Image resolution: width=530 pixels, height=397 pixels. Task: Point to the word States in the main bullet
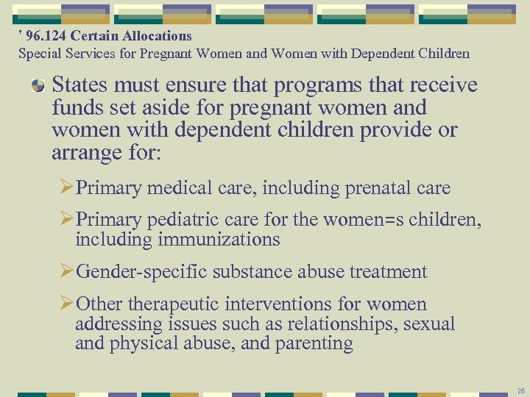77,85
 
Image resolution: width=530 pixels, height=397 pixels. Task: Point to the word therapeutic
175,304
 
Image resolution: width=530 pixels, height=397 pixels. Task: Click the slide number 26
520,390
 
